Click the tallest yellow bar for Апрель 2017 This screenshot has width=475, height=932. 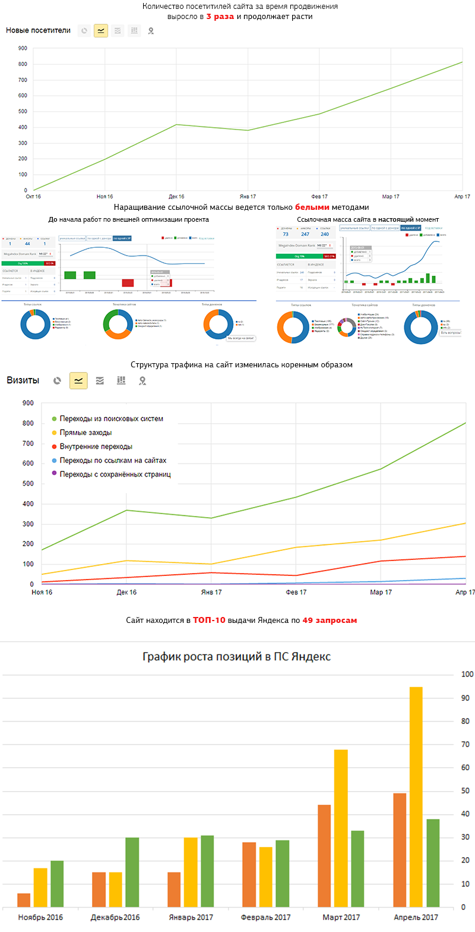[x=416, y=796]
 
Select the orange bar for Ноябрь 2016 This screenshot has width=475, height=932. [x=24, y=900]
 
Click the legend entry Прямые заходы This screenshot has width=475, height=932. [x=85, y=433]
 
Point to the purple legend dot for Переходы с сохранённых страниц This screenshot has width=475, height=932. [x=55, y=474]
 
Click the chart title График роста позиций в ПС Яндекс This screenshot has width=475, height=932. [x=237, y=657]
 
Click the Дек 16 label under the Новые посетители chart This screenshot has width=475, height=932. [x=176, y=196]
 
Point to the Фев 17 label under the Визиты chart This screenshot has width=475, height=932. [x=296, y=592]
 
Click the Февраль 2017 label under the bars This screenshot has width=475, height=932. [x=266, y=917]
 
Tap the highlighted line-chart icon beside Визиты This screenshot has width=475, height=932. [x=78, y=380]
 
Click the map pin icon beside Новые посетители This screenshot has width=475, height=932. [x=151, y=30]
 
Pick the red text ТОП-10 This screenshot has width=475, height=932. [x=209, y=620]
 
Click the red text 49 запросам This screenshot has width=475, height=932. [x=330, y=620]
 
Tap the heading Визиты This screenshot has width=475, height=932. [x=23, y=380]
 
